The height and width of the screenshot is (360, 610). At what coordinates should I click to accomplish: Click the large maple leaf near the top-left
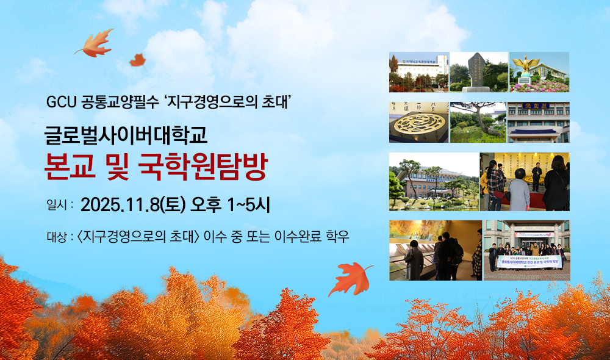tap(94, 44)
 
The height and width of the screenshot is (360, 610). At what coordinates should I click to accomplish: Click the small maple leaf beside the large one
tap(137, 60)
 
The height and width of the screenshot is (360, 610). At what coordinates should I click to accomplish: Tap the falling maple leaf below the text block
tap(350, 278)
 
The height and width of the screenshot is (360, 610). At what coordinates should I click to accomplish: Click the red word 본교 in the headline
tap(68, 166)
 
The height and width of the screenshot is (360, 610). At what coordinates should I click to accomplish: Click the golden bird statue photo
tap(539, 71)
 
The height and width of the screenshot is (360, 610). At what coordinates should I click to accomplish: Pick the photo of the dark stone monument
tap(478, 71)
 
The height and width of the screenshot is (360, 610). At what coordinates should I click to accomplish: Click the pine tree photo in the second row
tap(478, 122)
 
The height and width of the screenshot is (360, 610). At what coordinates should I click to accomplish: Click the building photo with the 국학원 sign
tap(539, 122)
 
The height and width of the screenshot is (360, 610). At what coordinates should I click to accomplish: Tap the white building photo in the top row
tap(418, 71)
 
